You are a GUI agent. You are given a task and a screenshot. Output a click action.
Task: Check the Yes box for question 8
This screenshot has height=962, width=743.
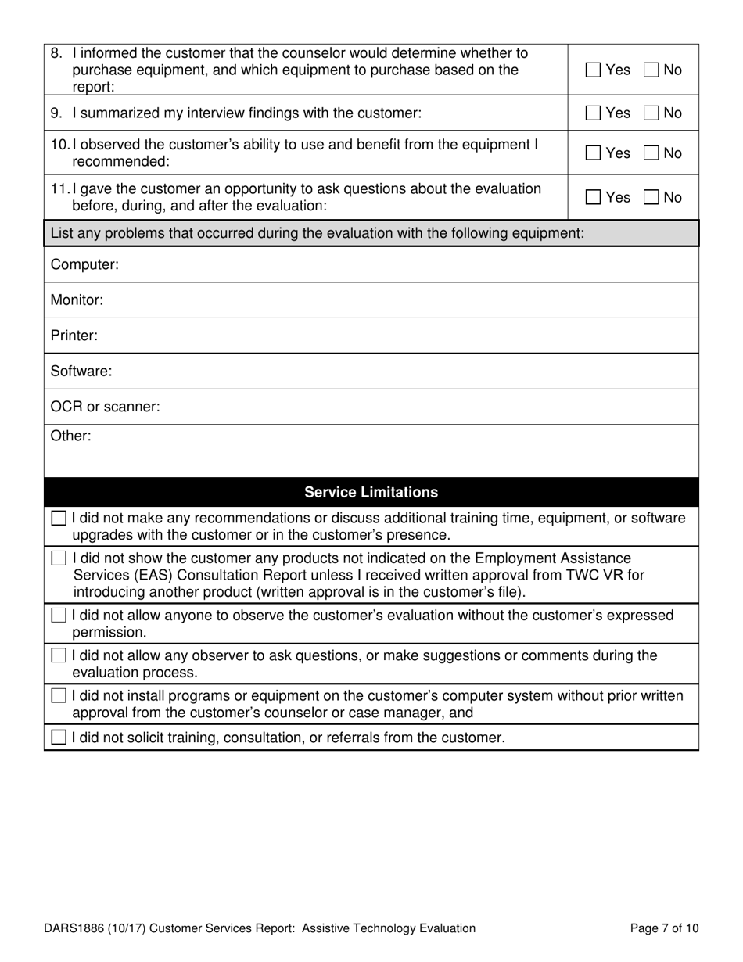[x=594, y=70]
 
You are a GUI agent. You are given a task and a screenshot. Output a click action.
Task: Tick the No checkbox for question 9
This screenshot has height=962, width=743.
[x=651, y=113]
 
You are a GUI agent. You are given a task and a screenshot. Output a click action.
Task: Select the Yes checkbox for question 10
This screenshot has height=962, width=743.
[x=594, y=153]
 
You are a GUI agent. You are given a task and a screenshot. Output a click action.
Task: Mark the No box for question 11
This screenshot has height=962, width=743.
[x=651, y=198]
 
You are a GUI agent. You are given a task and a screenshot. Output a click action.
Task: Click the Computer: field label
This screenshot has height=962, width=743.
[x=84, y=264]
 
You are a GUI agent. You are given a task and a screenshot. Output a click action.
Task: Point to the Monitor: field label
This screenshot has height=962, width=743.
[x=77, y=300]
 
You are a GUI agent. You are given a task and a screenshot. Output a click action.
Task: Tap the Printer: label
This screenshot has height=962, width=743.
[x=74, y=336]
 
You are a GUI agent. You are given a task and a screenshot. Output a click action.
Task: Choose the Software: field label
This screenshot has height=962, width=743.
[x=81, y=372]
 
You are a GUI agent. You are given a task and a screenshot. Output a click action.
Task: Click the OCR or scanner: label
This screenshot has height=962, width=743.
[x=105, y=407]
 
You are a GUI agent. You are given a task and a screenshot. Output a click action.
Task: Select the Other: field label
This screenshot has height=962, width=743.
[x=70, y=436]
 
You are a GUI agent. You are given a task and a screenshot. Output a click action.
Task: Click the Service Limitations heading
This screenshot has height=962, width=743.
[x=371, y=492]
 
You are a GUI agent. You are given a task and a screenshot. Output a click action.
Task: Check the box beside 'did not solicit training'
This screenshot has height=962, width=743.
[x=59, y=738]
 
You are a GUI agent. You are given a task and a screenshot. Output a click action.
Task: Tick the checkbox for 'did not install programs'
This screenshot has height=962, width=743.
[x=59, y=696]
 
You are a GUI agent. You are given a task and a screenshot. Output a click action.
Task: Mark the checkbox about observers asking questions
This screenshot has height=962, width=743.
[x=59, y=655]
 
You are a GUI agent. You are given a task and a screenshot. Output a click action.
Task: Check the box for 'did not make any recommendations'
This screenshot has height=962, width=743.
[x=59, y=519]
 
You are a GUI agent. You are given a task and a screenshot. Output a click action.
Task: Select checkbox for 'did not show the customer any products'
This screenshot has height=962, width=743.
[x=59, y=558]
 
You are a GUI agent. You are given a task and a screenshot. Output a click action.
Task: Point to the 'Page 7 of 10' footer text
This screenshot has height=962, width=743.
[x=664, y=928]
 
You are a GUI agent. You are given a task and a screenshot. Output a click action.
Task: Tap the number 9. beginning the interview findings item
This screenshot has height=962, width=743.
[x=56, y=113]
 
